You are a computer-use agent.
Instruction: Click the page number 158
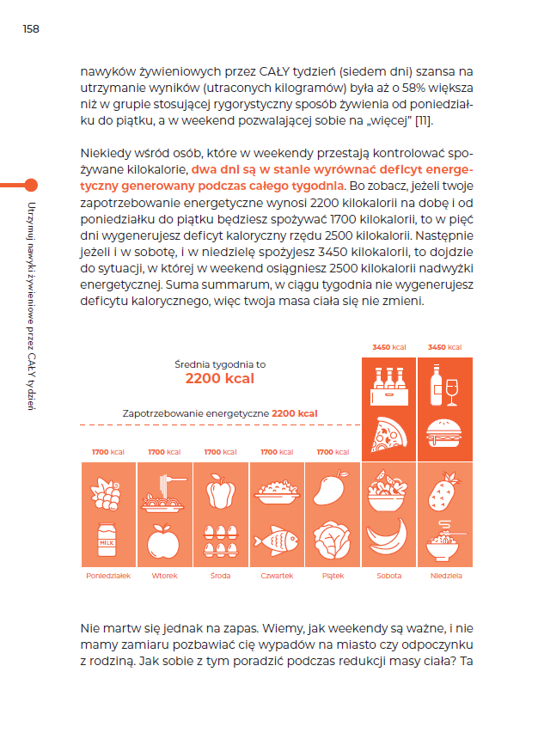pyautogui.click(x=31, y=29)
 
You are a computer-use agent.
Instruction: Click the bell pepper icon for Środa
pyautogui.click(x=220, y=492)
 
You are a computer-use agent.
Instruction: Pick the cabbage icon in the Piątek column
pyautogui.click(x=332, y=540)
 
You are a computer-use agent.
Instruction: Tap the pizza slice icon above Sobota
pyautogui.click(x=388, y=434)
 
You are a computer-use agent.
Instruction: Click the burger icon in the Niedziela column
pyautogui.click(x=444, y=434)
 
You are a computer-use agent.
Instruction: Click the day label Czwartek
pyautogui.click(x=276, y=576)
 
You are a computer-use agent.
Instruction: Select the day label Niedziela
pyautogui.click(x=444, y=576)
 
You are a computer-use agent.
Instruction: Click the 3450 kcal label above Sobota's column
pyautogui.click(x=388, y=347)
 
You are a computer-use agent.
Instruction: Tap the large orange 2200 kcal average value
pyautogui.click(x=220, y=378)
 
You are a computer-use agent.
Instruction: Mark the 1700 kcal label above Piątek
pyautogui.click(x=333, y=452)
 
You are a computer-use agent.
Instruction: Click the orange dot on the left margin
pyautogui.click(x=32, y=184)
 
